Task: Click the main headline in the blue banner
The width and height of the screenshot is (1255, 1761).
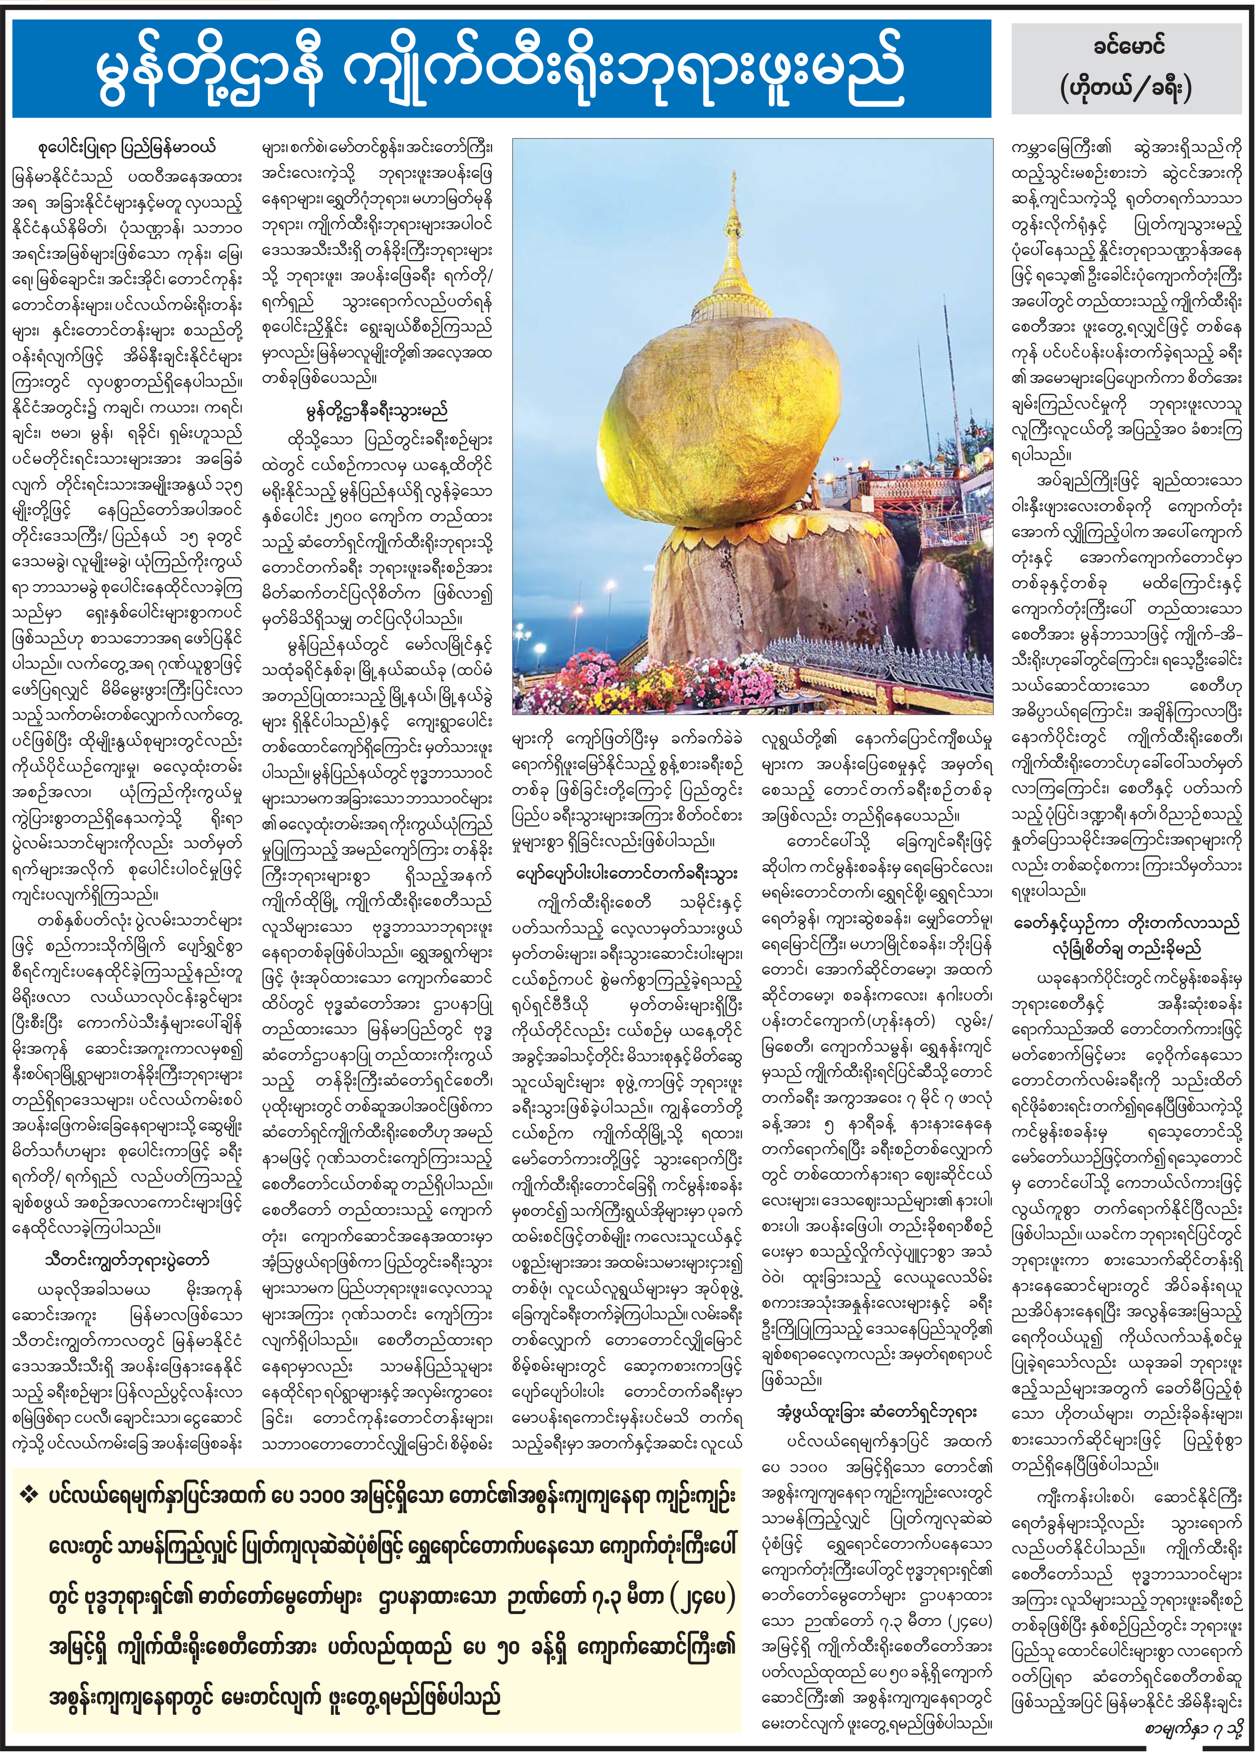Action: coord(501,69)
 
